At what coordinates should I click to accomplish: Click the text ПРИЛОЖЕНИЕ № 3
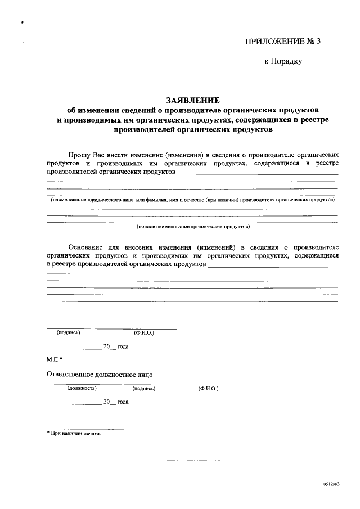pos(282,42)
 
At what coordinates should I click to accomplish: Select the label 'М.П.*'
pos(55,359)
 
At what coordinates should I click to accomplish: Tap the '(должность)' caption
pos(82,388)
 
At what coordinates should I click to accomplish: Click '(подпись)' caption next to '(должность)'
pos(144,388)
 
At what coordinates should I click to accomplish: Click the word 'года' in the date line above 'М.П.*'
pos(123,346)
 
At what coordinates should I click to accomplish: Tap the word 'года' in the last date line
pos(123,402)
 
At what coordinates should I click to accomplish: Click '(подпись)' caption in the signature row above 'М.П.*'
pos(68,332)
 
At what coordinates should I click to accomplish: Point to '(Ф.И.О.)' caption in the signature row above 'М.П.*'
pos(144,332)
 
